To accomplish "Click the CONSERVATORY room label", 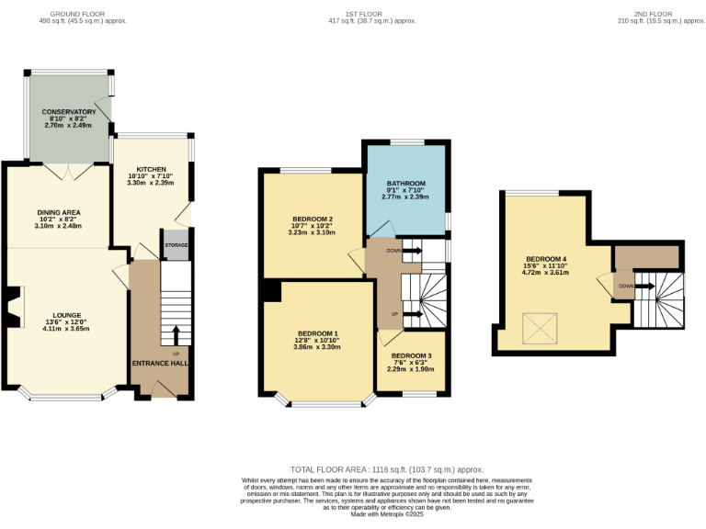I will coord(69,112).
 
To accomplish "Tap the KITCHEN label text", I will coord(151,170).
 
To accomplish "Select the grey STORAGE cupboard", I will coord(176,245).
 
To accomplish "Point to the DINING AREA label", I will coord(59,212).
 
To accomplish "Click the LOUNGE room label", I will coord(67,314).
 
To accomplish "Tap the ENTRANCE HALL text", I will coord(160,365).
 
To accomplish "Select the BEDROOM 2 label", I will coord(313,219).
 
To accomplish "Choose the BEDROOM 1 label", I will coord(317,332).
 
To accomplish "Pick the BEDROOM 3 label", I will coord(411,355).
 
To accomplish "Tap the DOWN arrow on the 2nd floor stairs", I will coord(642,286).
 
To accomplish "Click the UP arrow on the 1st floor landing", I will coord(407,314).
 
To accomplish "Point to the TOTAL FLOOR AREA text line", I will coord(386,469).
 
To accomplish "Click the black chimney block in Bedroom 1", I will coord(270,290).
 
